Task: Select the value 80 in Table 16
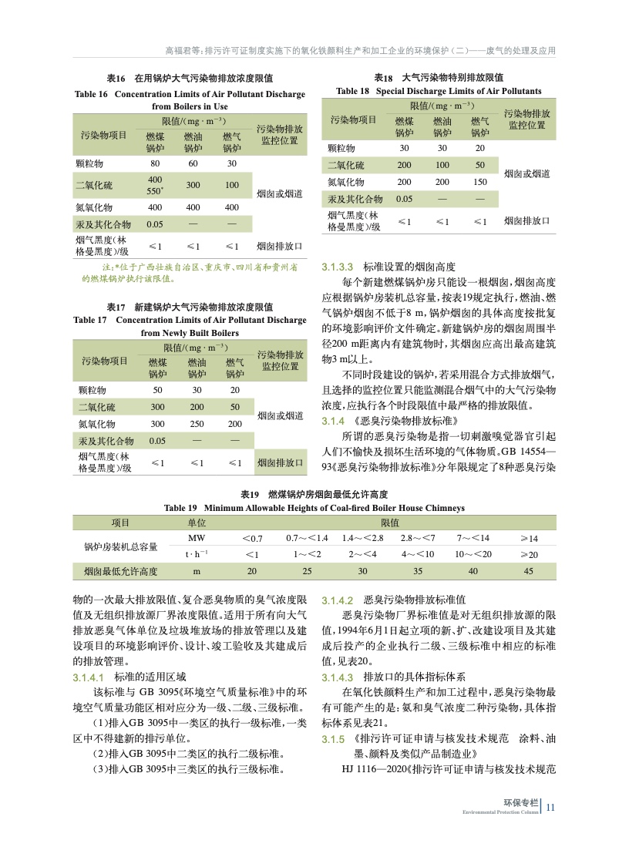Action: [155, 163]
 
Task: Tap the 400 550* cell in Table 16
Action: [155, 185]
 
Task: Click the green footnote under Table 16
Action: [189, 271]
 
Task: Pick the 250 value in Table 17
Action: [196, 423]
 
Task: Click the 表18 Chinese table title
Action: [439, 78]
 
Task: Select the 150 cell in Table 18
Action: [479, 182]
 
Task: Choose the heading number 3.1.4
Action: [332, 421]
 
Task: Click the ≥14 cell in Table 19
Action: [529, 537]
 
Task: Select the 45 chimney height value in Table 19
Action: [529, 571]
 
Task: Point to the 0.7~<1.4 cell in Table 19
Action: [307, 537]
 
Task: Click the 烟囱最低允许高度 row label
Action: [120, 571]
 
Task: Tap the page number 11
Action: [550, 807]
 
